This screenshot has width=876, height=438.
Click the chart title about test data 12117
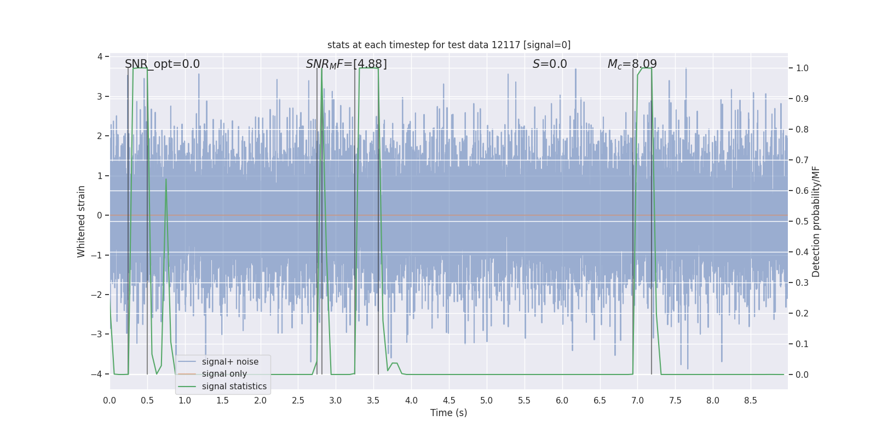click(x=448, y=45)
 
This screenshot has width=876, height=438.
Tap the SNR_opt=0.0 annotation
click(x=162, y=64)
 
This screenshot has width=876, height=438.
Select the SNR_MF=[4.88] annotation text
click(x=346, y=64)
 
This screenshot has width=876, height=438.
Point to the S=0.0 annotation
click(x=550, y=64)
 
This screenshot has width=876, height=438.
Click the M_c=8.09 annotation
click(x=632, y=64)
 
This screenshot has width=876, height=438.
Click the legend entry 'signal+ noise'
click(x=230, y=362)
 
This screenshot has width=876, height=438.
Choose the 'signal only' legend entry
click(x=224, y=374)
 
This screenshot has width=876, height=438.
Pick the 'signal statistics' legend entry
click(x=234, y=387)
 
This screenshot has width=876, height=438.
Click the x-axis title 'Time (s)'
click(x=448, y=413)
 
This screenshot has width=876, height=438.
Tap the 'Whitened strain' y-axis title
click(x=82, y=221)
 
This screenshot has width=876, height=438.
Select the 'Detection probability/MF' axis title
click(x=816, y=221)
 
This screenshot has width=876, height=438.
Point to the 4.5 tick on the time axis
click(x=449, y=400)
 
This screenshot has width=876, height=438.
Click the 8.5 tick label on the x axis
click(x=751, y=400)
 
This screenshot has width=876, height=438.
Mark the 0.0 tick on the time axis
click(x=109, y=400)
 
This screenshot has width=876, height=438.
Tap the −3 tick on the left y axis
click(x=99, y=335)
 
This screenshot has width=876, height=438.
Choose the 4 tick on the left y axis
click(x=100, y=57)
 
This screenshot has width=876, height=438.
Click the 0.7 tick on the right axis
click(x=802, y=160)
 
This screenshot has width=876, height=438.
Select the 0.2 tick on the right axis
click(x=802, y=314)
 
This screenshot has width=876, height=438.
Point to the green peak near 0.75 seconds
click(x=166, y=180)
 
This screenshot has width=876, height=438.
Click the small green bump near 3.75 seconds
click(x=394, y=364)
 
